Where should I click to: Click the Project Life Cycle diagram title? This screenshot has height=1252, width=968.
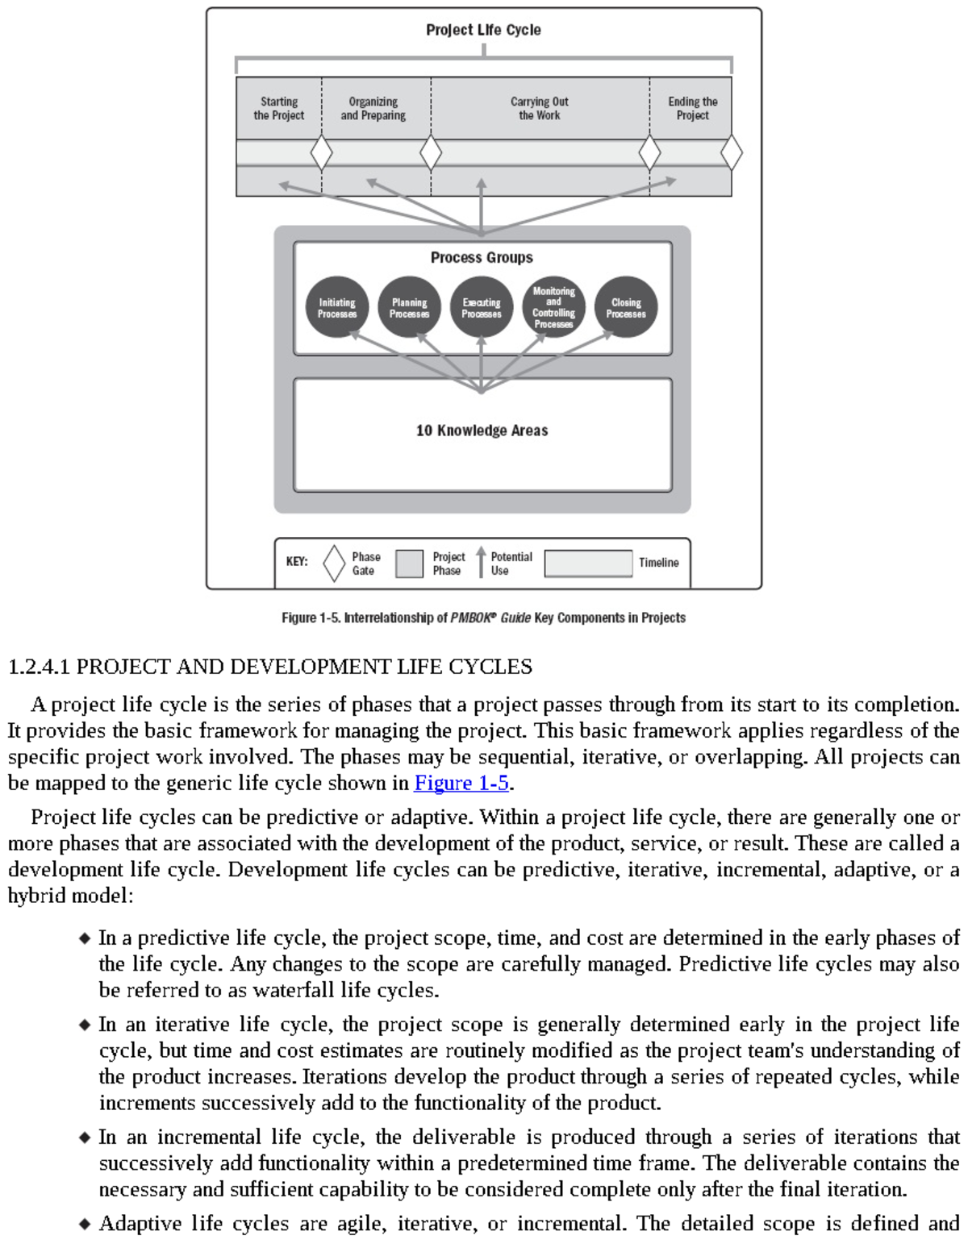point(483,30)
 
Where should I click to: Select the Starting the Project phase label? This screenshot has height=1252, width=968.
point(278,109)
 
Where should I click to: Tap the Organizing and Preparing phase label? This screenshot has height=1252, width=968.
point(373,109)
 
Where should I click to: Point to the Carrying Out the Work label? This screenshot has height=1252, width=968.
point(539,109)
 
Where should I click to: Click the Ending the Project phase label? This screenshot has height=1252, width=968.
point(692,109)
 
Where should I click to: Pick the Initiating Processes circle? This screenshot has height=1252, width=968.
point(337,308)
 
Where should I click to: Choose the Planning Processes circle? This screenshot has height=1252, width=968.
point(409,308)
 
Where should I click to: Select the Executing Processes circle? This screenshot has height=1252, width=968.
point(482,308)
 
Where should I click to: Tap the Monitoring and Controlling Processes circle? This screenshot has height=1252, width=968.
point(553,308)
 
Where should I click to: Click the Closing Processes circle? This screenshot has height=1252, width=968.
point(626,308)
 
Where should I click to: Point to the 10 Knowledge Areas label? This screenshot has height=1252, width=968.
point(482,431)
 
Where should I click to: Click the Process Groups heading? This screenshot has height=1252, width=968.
point(482,258)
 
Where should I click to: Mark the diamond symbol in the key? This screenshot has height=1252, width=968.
point(334,564)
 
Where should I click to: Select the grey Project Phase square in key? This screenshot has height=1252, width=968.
point(409,564)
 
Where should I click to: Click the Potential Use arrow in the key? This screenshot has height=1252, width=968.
point(481,562)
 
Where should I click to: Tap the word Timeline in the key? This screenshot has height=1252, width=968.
point(658,563)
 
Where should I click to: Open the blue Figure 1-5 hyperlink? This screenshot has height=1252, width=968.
point(461,783)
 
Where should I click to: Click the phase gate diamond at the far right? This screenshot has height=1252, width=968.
point(731,153)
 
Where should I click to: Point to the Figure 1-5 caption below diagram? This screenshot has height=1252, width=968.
point(483,618)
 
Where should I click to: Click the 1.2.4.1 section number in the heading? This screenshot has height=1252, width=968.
point(39,667)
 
